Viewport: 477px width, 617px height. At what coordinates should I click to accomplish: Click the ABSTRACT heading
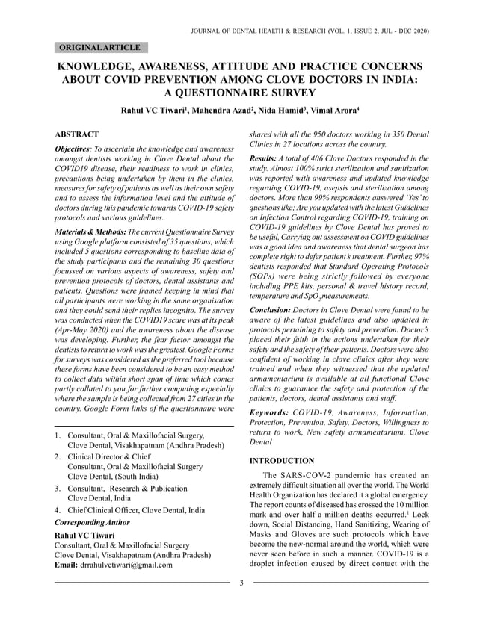click(x=77, y=133)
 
